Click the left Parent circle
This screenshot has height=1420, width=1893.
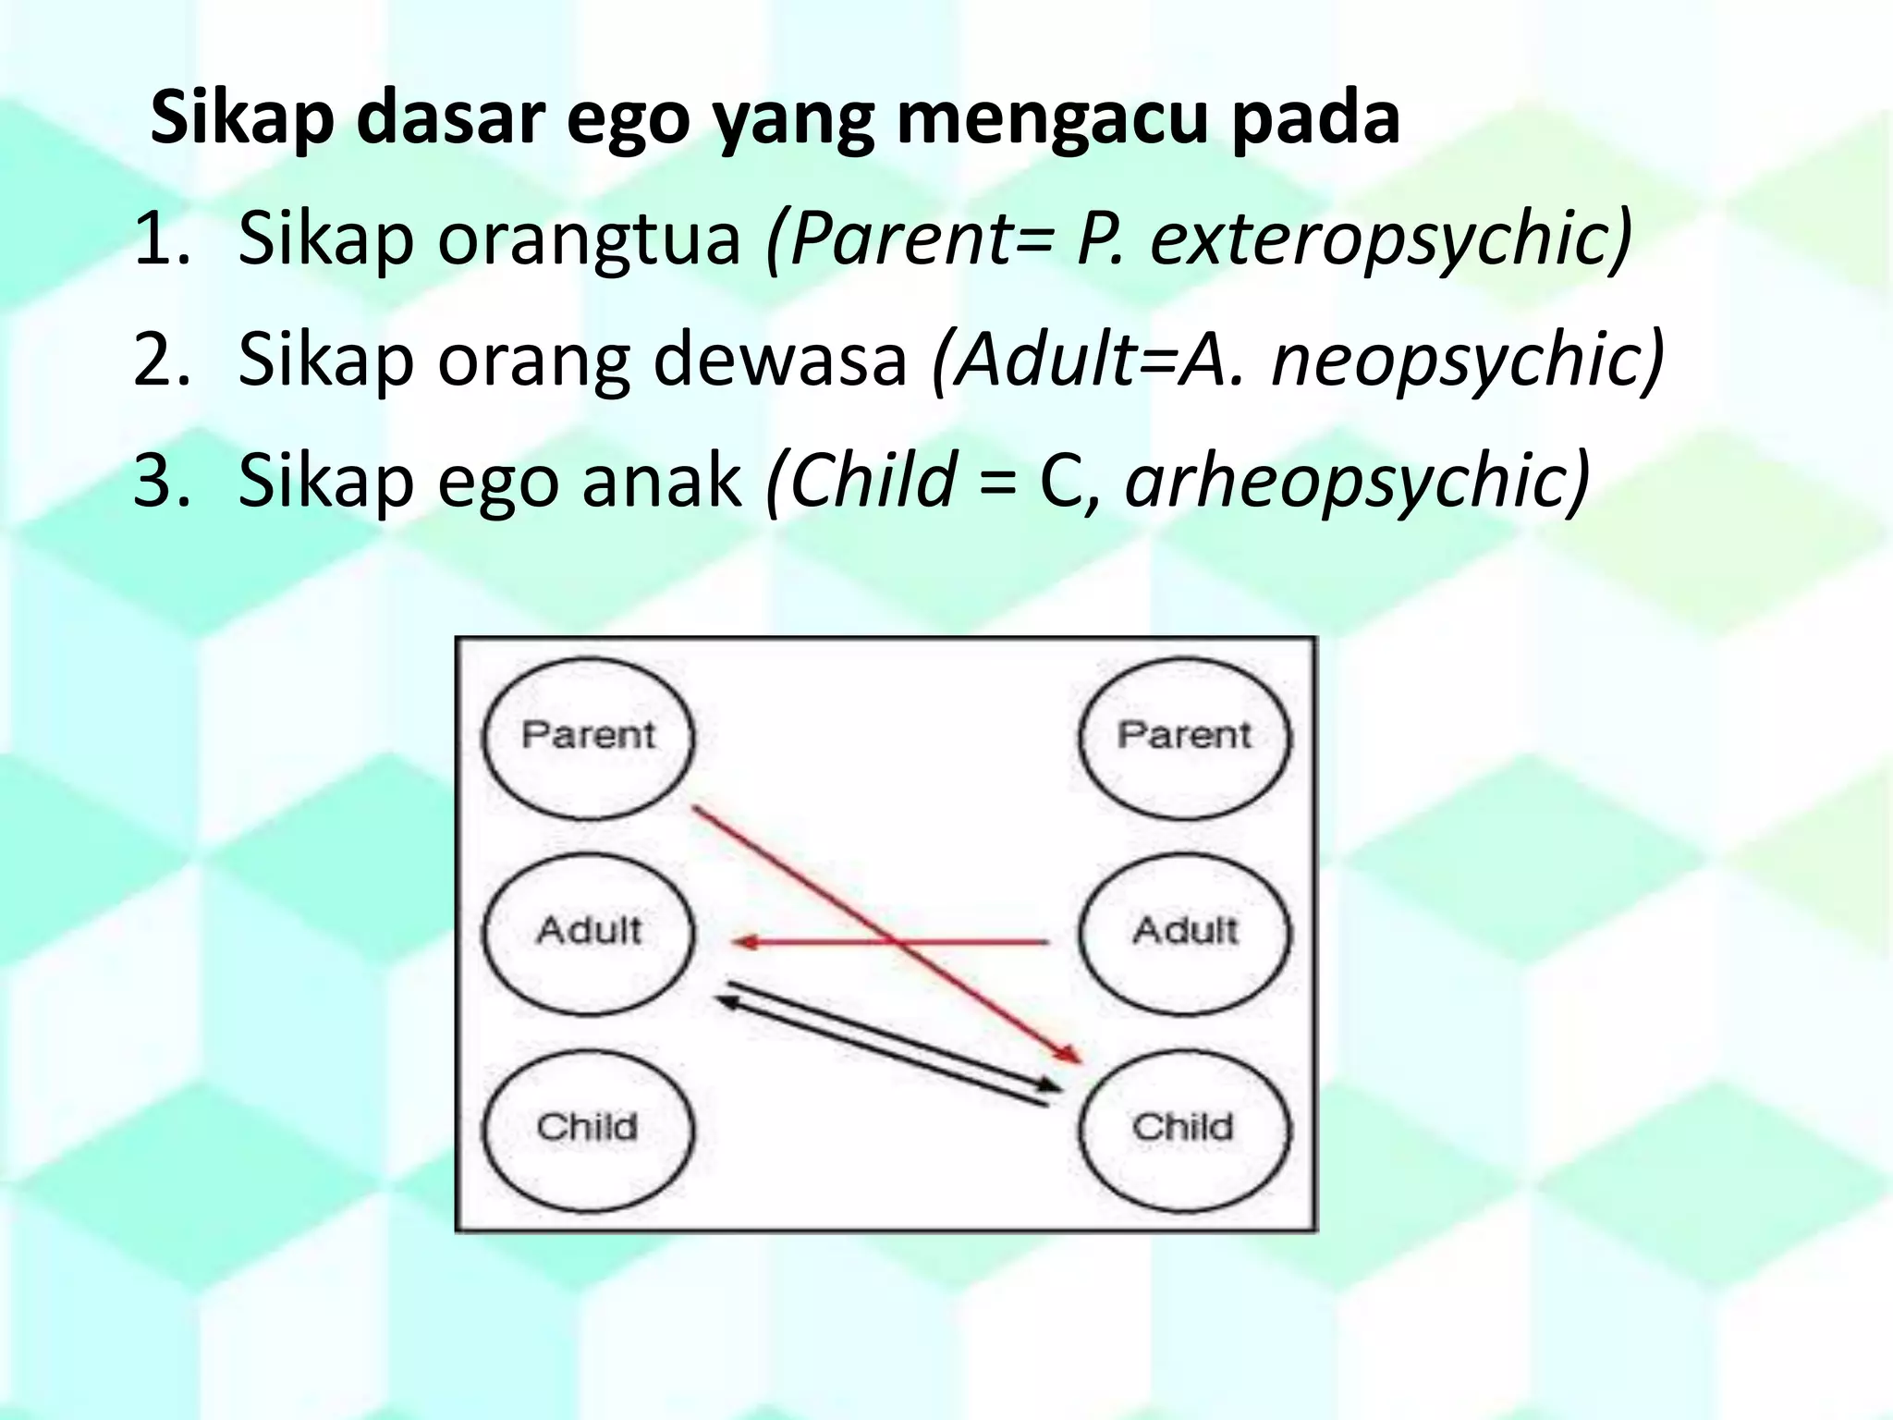pyautogui.click(x=588, y=738)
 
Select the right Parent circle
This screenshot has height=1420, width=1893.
pyautogui.click(x=1185, y=738)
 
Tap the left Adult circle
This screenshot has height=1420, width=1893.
pyautogui.click(x=588, y=933)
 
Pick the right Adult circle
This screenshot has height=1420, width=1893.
pyautogui.click(x=1185, y=933)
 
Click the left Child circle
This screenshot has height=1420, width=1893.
pyautogui.click(x=588, y=1130)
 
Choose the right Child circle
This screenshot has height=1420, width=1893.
pyautogui.click(x=1185, y=1130)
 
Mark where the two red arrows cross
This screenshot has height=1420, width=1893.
pyautogui.click(x=895, y=942)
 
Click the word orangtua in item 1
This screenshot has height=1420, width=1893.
pyautogui.click(x=588, y=239)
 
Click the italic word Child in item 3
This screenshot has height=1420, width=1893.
pyautogui.click(x=873, y=481)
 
